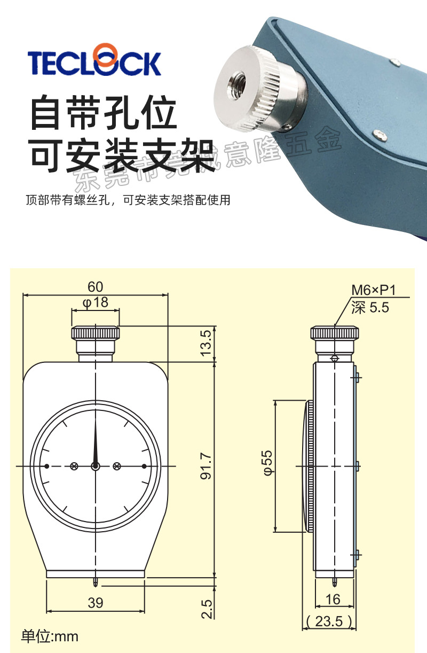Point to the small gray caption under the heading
pyautogui.click(x=128, y=201)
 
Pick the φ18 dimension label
pyautogui.click(x=96, y=302)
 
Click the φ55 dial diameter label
pyautogui.click(x=266, y=462)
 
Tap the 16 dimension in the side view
pyautogui.click(x=333, y=600)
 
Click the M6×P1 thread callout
pyautogui.click(x=374, y=290)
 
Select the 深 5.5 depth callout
pyautogui.click(x=370, y=308)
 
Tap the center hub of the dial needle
pyautogui.click(x=96, y=467)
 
